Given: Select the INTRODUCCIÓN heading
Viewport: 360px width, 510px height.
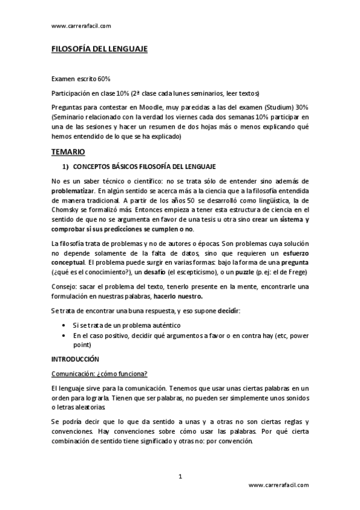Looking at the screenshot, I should (x=75, y=358).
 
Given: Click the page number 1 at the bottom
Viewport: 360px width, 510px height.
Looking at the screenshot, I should (x=180, y=476).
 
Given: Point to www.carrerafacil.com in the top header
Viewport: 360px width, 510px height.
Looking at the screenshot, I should (x=81, y=26).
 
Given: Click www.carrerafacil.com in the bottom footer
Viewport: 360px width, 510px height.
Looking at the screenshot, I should (x=278, y=485).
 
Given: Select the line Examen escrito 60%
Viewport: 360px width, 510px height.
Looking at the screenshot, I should (x=81, y=79).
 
